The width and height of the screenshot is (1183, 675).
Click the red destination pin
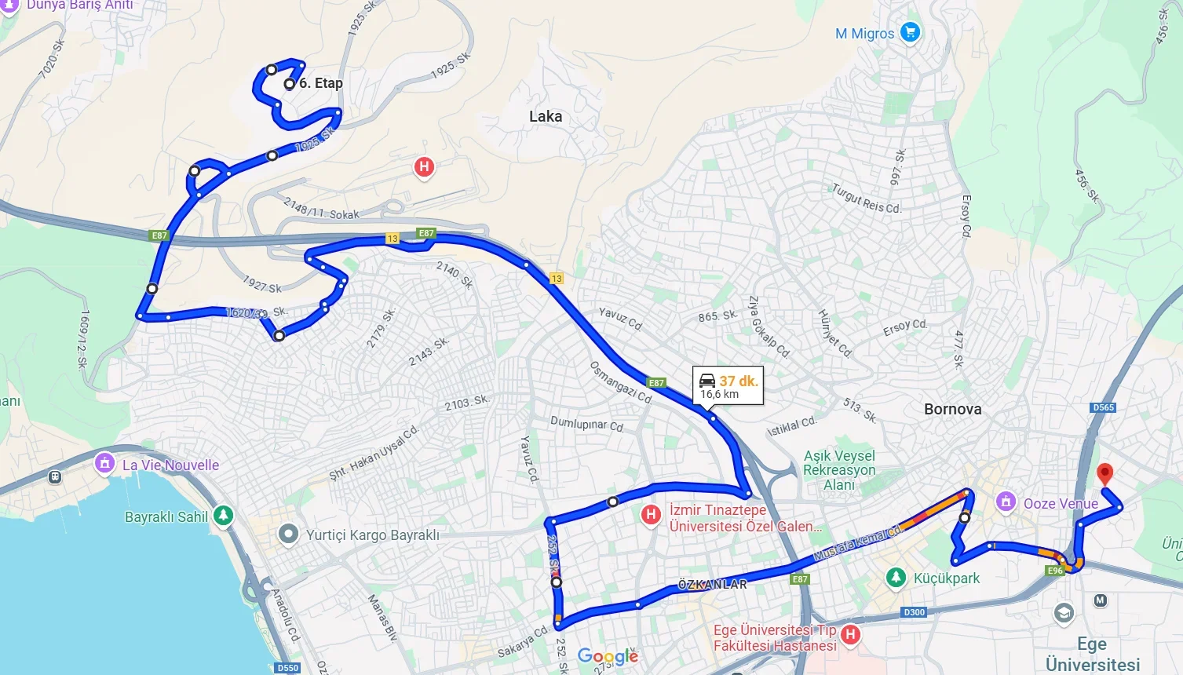point(1104,473)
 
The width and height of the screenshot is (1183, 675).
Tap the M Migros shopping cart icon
point(910,32)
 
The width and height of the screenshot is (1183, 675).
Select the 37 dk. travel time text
point(738,381)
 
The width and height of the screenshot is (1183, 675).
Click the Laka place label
point(546,116)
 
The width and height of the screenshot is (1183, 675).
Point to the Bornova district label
point(952,409)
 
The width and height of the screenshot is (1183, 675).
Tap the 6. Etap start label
point(320,83)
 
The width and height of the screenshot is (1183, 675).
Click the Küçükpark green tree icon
point(895,578)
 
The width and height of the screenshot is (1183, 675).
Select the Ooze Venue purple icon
point(1006,502)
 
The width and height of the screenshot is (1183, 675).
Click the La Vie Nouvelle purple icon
point(104,463)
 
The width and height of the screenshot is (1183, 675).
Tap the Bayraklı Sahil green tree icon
point(224,516)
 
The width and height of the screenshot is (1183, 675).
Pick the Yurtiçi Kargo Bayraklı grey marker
point(289,535)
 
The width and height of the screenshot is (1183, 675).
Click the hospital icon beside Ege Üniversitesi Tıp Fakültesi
point(849,634)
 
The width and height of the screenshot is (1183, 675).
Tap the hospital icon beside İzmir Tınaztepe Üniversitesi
point(650,515)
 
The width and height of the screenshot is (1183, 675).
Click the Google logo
point(608,656)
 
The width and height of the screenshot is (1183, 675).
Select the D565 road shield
point(1103,407)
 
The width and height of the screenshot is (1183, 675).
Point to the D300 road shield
point(914,612)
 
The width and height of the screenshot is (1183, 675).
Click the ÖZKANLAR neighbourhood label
point(713,585)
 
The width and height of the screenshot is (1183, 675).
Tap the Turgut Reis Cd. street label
point(867,199)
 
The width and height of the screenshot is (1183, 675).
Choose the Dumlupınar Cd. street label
point(587,425)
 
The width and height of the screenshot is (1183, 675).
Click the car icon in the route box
point(707,381)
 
